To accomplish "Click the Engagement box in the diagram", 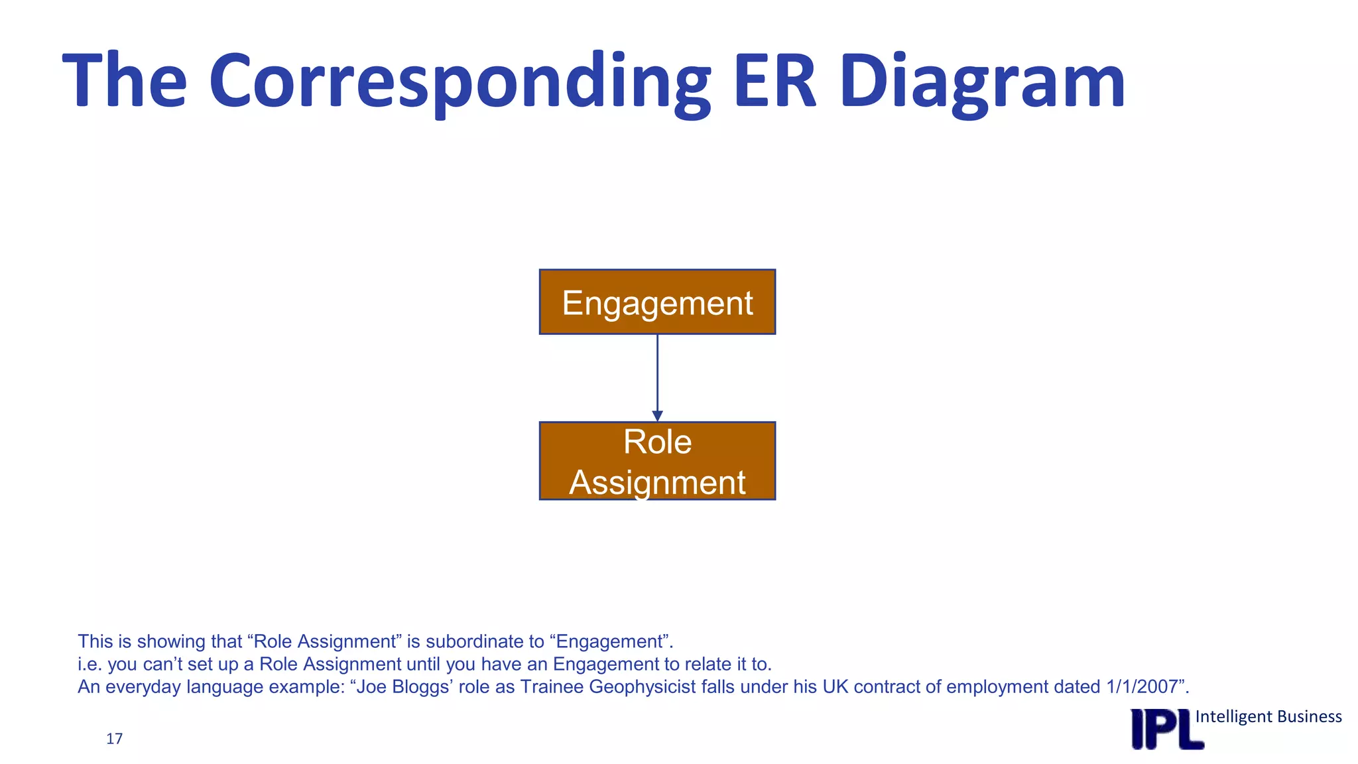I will click(657, 302).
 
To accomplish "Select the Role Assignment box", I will click(657, 461).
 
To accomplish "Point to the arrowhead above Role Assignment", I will click(657, 416).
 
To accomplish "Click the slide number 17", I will click(114, 739).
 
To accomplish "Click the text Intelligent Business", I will click(1268, 716).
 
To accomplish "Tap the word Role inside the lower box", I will click(657, 442).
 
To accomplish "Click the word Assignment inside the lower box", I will click(657, 482).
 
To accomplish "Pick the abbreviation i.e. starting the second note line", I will click(90, 664).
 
